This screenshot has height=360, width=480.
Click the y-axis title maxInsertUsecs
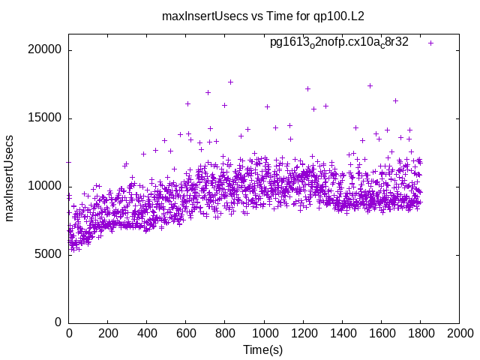[x=10, y=178]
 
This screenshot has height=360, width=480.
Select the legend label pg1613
[x=339, y=43]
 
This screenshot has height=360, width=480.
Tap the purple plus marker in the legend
[x=430, y=43]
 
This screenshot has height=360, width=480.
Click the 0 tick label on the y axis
[x=58, y=322]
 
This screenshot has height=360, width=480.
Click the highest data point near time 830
[x=230, y=82]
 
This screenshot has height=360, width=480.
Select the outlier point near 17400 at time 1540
[x=370, y=85]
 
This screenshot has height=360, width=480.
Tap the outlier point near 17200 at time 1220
[x=307, y=88]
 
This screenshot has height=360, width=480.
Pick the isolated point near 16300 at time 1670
[x=395, y=100]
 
